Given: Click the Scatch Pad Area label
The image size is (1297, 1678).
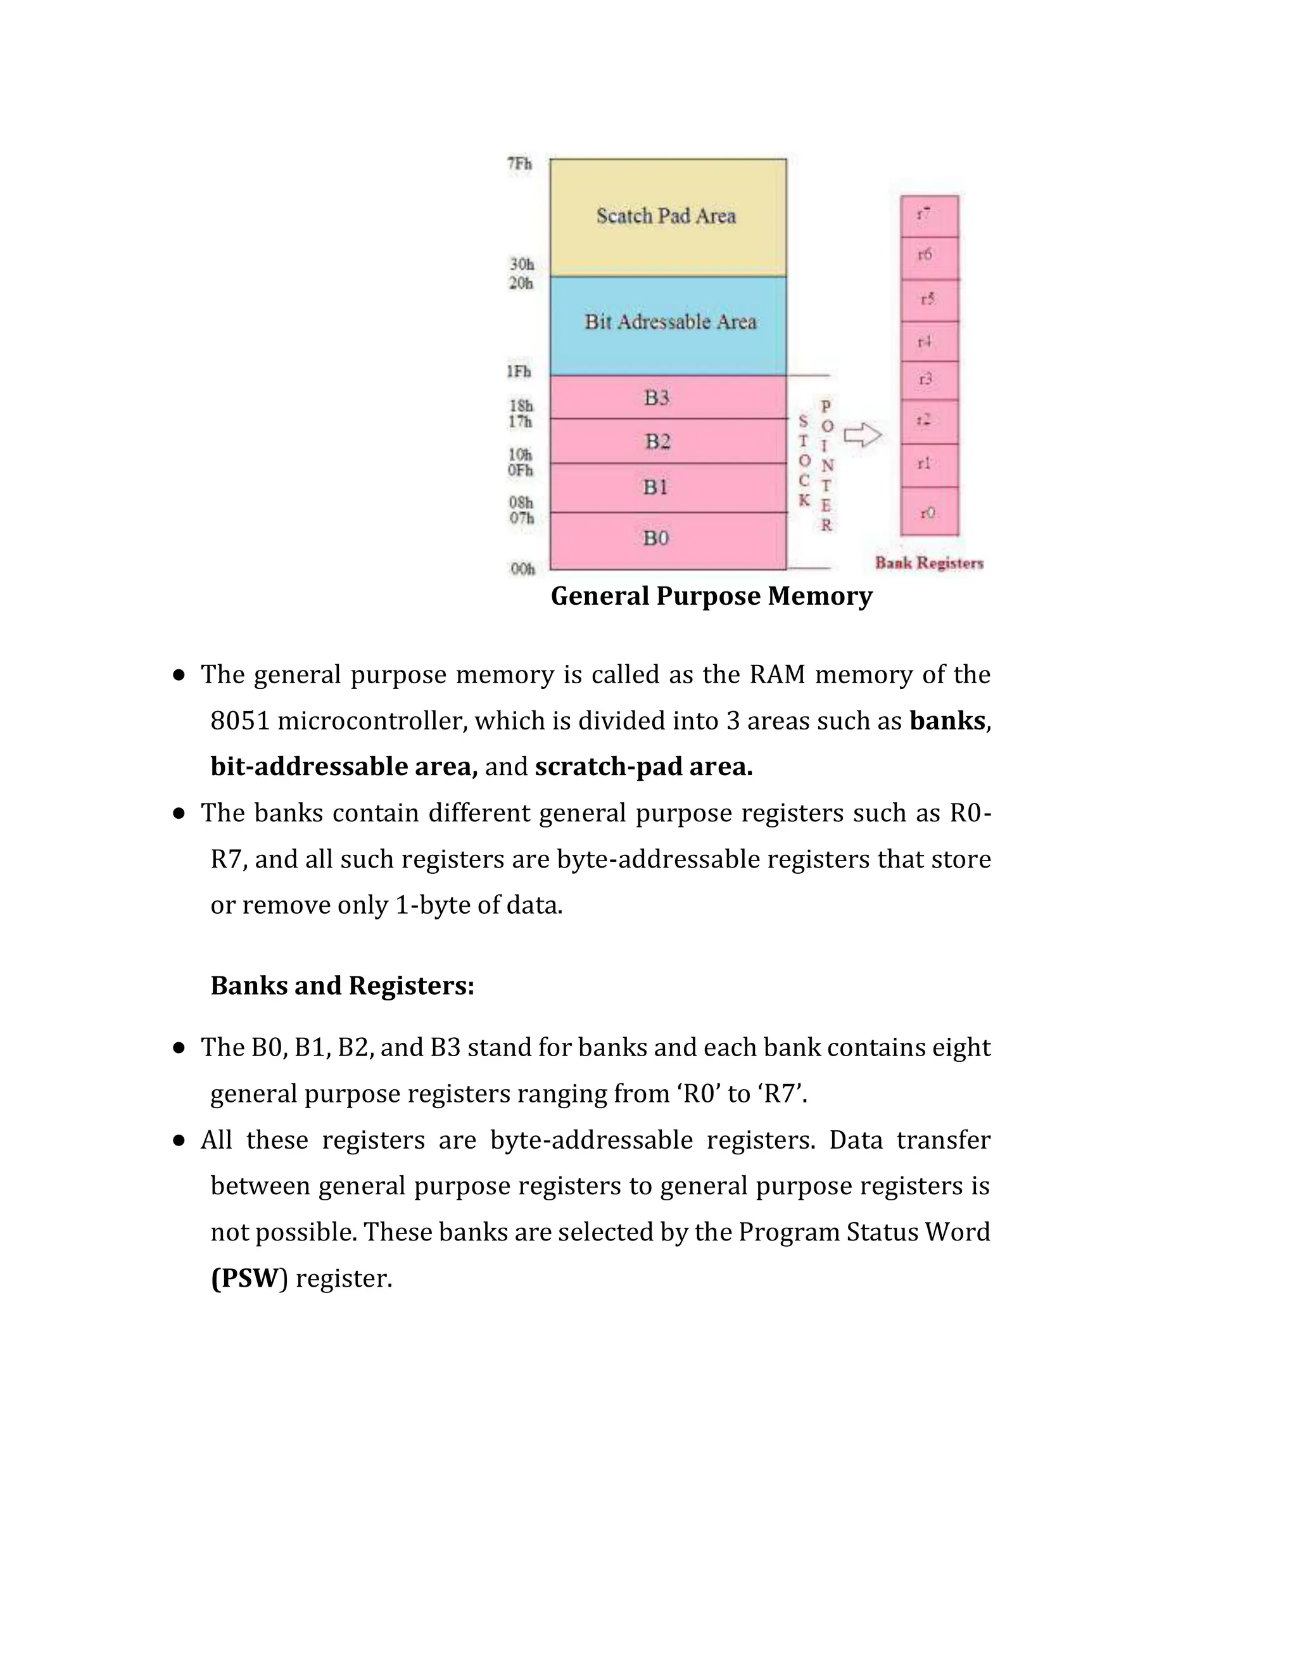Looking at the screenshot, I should tap(666, 216).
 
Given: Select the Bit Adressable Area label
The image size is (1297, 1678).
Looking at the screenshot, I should tap(670, 322).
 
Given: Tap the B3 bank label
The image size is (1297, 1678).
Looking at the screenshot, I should tap(656, 397).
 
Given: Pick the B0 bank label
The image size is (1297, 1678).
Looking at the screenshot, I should tap(655, 538).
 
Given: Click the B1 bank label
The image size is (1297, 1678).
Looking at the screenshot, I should tap(655, 486).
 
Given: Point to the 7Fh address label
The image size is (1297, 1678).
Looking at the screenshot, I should tap(519, 163).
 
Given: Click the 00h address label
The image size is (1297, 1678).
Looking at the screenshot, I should tap(522, 569).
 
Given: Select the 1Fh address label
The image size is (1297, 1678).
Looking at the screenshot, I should tap(519, 372).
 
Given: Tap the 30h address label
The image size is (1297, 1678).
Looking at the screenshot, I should tap(521, 264).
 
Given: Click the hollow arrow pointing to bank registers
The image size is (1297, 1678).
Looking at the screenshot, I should tap(862, 436).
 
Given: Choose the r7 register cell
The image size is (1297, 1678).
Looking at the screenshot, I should tap(929, 216).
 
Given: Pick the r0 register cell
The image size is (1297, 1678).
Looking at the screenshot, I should tap(929, 512).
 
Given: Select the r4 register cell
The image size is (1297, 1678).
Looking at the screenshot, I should tap(929, 341).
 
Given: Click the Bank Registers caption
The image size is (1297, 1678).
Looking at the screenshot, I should tap(929, 563).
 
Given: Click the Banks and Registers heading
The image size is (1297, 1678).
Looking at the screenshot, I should tap(342, 986).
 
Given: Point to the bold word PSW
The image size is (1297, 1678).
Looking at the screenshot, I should tap(244, 1278).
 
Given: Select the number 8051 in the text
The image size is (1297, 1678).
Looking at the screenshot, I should tap(240, 721).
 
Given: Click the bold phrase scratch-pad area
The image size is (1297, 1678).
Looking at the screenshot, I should tap(644, 767).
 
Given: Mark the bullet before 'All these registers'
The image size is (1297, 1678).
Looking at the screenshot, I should tap(179, 1140).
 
